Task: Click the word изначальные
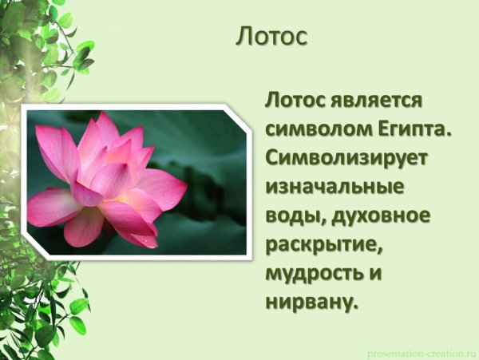[x=333, y=187]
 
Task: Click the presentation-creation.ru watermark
[x=422, y=352]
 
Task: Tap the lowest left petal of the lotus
[x=84, y=227]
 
